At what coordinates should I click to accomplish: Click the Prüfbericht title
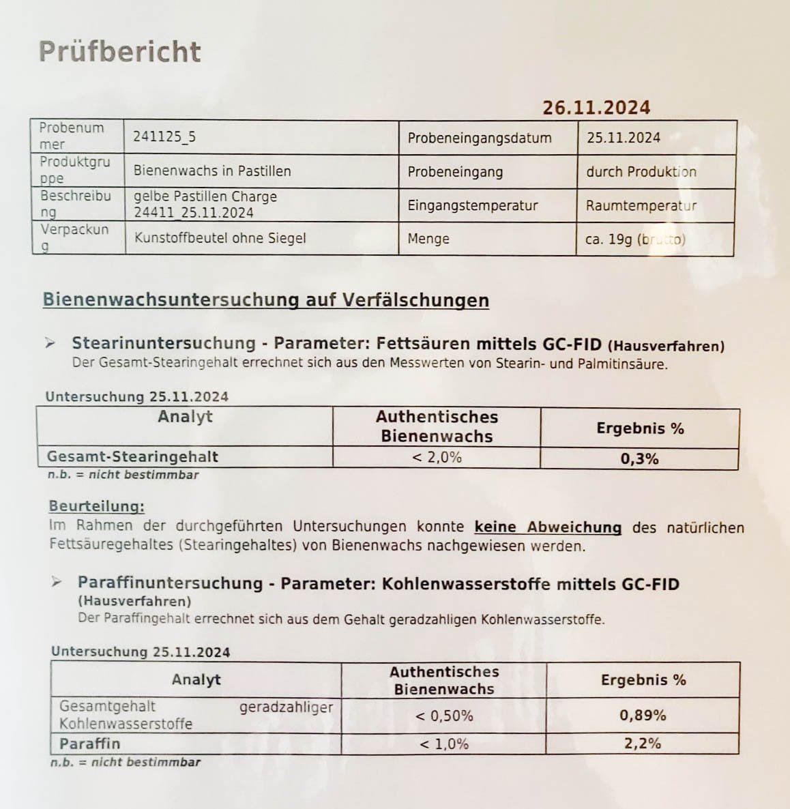(120, 52)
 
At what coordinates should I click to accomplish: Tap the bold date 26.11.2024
(596, 108)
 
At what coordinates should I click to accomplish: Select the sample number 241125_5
(164, 136)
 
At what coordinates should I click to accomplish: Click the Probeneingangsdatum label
(480, 138)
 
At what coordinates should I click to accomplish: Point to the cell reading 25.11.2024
(624, 138)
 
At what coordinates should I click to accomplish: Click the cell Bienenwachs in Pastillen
(212, 171)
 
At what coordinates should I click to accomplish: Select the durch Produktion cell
(641, 172)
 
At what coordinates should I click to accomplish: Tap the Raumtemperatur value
(641, 205)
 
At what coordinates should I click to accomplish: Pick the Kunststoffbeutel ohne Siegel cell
(220, 238)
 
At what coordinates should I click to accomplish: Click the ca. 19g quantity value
(635, 239)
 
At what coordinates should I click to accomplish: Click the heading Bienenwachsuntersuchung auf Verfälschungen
(265, 300)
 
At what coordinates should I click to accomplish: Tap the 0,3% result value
(639, 459)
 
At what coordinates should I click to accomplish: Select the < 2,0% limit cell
(437, 457)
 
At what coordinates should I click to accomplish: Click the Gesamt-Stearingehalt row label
(132, 456)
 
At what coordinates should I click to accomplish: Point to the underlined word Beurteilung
(96, 506)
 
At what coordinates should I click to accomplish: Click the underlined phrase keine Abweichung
(548, 527)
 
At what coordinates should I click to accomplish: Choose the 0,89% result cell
(643, 716)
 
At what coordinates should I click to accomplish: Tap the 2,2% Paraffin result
(643, 744)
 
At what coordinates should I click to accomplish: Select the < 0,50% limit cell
(444, 716)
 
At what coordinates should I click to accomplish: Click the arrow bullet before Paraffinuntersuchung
(59, 582)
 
